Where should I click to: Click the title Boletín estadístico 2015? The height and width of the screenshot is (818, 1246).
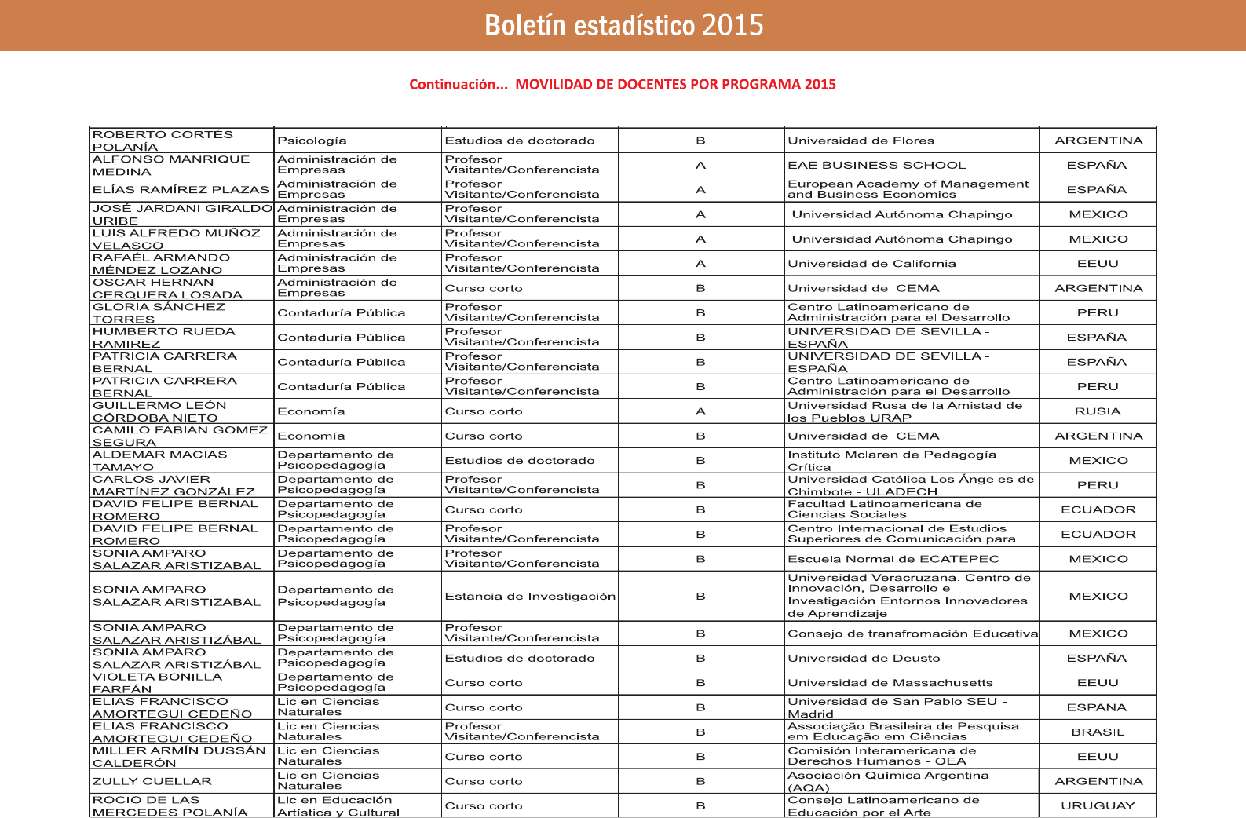(x=623, y=25)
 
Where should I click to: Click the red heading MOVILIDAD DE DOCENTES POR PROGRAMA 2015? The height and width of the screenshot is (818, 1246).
(x=675, y=84)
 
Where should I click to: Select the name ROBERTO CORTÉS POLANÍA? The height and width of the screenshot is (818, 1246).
(x=163, y=141)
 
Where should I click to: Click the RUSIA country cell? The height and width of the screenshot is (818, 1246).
(x=1098, y=411)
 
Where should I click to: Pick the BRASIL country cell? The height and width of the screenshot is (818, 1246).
(x=1098, y=732)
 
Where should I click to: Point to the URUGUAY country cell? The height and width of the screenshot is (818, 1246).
(x=1098, y=805)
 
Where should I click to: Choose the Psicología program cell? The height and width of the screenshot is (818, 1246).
(x=312, y=141)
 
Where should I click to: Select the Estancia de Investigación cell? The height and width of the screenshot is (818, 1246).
(x=530, y=597)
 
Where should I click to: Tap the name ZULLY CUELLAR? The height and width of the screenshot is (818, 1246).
(x=152, y=781)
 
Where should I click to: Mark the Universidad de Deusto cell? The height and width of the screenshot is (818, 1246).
(x=864, y=658)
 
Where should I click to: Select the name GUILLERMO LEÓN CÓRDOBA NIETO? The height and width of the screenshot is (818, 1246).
(x=159, y=411)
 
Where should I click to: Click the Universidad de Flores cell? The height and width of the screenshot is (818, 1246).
(x=861, y=141)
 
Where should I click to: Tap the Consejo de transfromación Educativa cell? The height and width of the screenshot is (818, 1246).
(x=912, y=634)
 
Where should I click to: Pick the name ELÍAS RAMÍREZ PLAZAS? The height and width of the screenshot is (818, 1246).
(x=181, y=189)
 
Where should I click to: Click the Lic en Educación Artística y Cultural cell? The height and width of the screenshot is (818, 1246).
(x=338, y=806)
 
